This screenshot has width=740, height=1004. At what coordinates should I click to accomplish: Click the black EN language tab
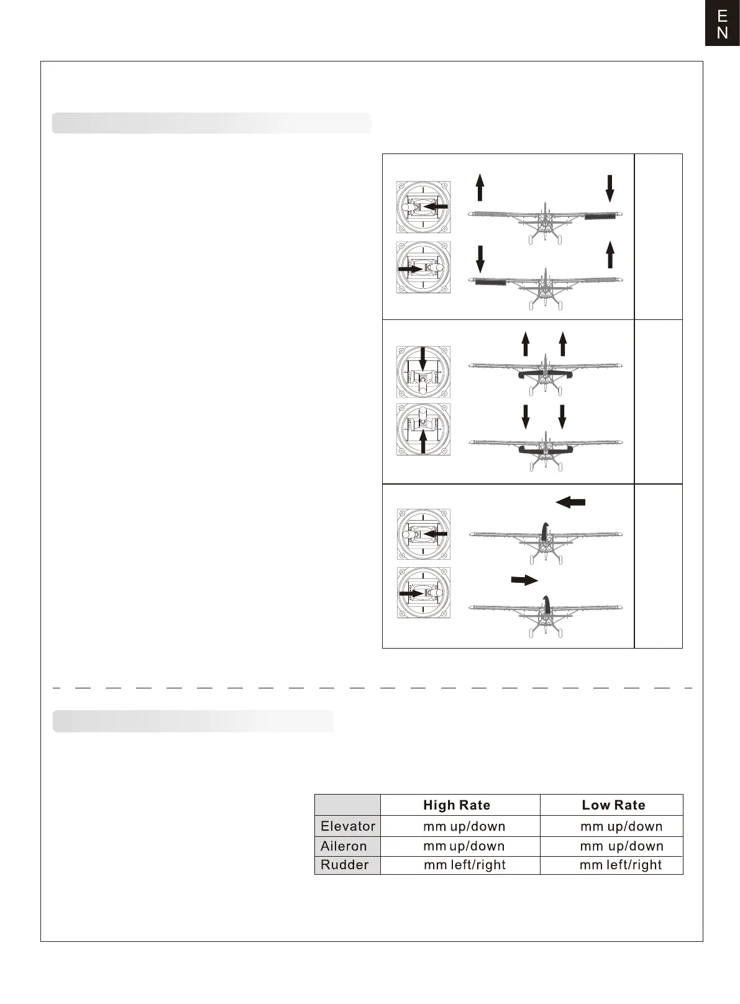pyautogui.click(x=722, y=24)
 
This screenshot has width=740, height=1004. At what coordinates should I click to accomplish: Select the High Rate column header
pyautogui.click(x=457, y=805)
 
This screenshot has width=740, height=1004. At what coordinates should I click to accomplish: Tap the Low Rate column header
pyautogui.click(x=613, y=805)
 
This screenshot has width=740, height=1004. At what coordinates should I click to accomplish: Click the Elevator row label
pyautogui.click(x=348, y=826)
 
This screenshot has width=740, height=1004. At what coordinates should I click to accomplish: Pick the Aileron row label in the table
pyautogui.click(x=344, y=846)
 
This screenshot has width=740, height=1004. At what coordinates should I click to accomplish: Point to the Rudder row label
pyautogui.click(x=345, y=865)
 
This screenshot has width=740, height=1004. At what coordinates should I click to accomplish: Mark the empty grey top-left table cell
pyautogui.click(x=347, y=805)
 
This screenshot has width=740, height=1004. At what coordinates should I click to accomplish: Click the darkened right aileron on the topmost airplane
pyautogui.click(x=600, y=216)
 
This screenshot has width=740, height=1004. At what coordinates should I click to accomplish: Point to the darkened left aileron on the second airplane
pyautogui.click(x=490, y=283)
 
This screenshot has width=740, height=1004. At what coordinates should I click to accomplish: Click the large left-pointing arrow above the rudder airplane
pyautogui.click(x=570, y=502)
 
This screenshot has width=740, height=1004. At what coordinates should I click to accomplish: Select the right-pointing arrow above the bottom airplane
pyautogui.click(x=524, y=580)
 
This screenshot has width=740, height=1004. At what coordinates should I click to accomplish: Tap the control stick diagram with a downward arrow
pyautogui.click(x=423, y=372)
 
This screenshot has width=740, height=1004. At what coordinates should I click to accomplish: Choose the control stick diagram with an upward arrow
pyautogui.click(x=423, y=429)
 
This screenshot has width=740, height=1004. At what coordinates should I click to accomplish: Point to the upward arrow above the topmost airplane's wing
pyautogui.click(x=480, y=188)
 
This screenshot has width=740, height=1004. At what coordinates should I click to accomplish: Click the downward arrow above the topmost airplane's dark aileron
pyautogui.click(x=610, y=188)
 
